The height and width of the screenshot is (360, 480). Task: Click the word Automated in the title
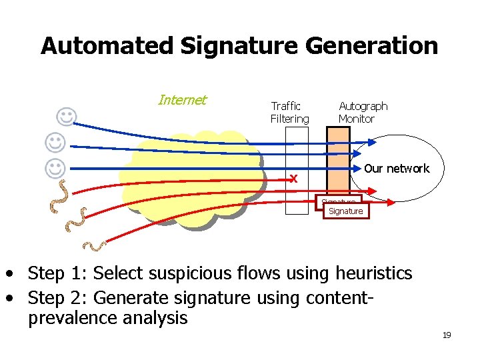pyautogui.click(x=107, y=46)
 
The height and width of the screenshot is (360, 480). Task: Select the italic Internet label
pyautogui.click(x=182, y=101)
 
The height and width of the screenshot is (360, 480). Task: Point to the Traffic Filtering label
pyautogui.click(x=289, y=113)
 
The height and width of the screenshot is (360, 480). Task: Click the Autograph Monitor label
pyautogui.click(x=363, y=113)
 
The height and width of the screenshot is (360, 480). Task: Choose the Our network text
pyautogui.click(x=397, y=169)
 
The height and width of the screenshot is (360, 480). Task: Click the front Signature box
pyautogui.click(x=345, y=211)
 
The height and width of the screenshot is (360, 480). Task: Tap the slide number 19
pyautogui.click(x=447, y=335)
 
